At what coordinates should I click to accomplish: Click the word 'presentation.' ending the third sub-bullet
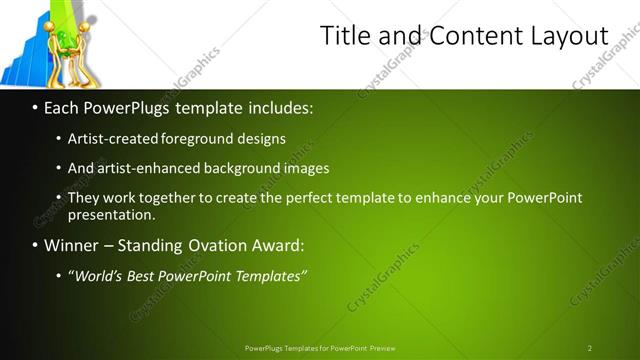111,215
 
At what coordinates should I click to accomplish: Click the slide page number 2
590,348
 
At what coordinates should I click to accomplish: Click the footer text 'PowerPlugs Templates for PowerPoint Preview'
320,348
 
